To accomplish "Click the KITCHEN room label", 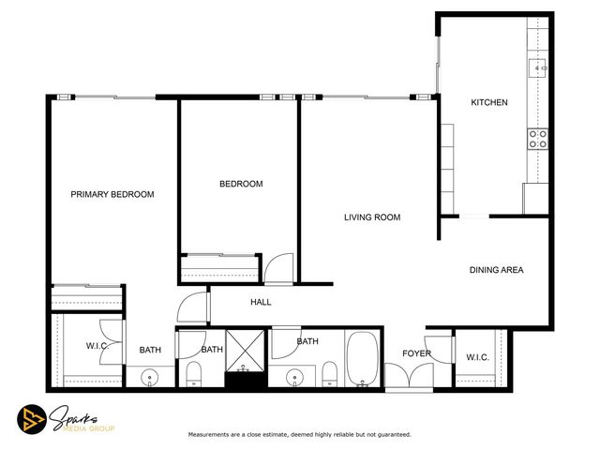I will [488, 102].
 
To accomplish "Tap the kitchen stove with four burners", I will [539, 139].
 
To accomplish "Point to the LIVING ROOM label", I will [371, 217].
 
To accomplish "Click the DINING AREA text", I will [496, 270].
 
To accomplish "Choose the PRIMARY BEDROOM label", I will [112, 194].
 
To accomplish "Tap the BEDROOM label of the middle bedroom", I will [241, 184].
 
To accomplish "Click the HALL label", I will [261, 302].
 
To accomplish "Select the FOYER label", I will [416, 353].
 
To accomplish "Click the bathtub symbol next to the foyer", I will [363, 360].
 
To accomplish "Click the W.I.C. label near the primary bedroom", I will [99, 346].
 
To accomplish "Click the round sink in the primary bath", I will [150, 378].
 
